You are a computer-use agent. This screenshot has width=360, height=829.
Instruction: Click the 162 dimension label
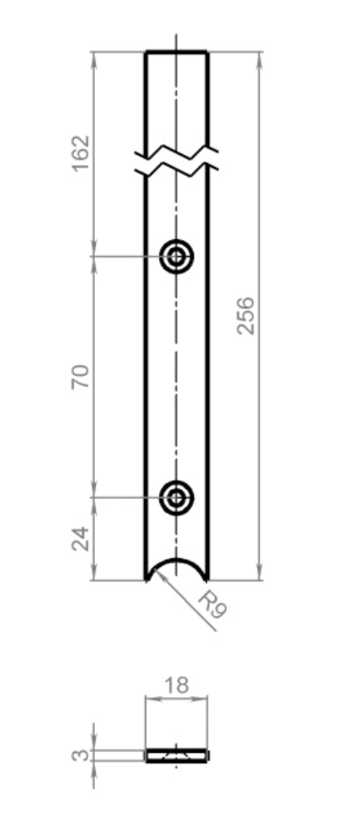point(81,154)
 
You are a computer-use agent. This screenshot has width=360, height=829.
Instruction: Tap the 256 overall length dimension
point(246,316)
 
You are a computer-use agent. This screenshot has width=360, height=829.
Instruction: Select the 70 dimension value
point(81,377)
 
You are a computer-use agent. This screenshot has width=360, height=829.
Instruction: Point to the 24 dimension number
point(81,539)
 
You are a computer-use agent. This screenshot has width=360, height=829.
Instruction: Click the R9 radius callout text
point(212,604)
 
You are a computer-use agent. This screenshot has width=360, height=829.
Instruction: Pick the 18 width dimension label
point(177,685)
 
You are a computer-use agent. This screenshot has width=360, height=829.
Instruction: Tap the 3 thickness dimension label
point(81,755)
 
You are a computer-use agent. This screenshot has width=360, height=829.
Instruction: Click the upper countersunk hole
point(177,257)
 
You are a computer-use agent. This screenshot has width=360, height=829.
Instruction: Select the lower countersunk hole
point(177,497)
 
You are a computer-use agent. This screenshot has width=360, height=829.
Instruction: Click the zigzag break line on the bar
point(177,161)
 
